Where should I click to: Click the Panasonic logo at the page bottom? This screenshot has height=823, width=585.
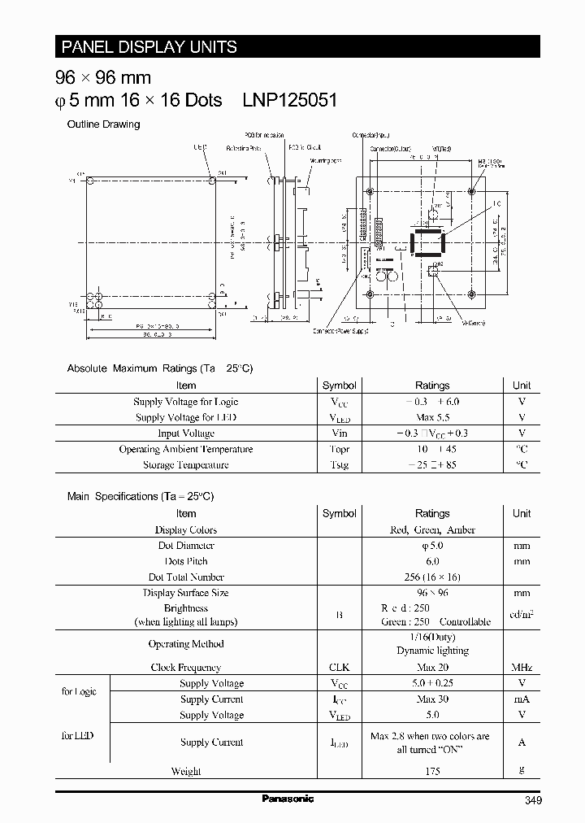click(x=288, y=799)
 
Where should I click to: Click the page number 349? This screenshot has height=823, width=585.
click(x=531, y=800)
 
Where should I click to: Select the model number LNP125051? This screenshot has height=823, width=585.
click(x=289, y=100)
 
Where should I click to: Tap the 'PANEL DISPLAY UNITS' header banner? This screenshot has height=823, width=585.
click(x=146, y=47)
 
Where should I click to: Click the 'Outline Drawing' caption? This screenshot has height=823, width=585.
click(x=103, y=124)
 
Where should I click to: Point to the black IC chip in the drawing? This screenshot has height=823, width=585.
click(x=427, y=244)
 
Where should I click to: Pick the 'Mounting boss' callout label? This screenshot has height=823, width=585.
click(x=323, y=161)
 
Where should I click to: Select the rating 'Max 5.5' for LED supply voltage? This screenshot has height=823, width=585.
click(x=432, y=417)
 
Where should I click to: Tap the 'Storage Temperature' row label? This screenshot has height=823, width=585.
click(x=186, y=465)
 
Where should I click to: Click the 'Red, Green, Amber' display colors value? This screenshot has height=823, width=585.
click(x=432, y=529)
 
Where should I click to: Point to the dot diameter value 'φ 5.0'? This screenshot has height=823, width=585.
click(x=432, y=546)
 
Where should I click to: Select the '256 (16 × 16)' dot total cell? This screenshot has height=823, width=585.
click(x=432, y=577)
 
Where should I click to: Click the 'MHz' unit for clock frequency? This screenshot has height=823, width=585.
click(x=522, y=667)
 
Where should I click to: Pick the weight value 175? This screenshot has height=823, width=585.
click(x=432, y=770)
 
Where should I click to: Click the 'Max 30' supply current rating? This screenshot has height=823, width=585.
click(x=432, y=699)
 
